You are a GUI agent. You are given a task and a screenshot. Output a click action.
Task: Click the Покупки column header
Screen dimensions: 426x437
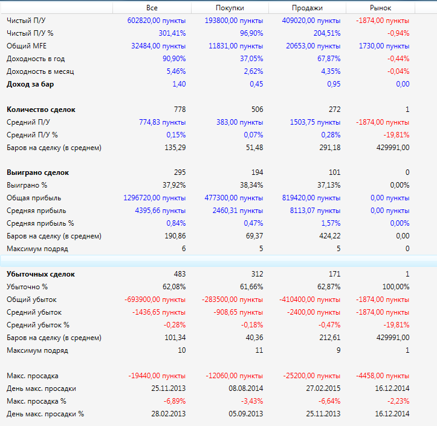230,8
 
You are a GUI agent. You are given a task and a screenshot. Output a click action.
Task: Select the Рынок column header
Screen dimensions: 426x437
380,8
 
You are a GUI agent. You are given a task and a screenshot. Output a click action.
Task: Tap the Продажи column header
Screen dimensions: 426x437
307,8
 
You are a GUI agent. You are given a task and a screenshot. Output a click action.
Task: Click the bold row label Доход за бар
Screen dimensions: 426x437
30,84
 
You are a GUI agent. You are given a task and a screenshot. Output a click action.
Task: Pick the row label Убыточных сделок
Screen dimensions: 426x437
45,274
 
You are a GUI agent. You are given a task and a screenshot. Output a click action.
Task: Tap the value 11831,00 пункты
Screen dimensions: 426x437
236,46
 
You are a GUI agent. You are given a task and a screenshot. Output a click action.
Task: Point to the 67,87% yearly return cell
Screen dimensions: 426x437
327,59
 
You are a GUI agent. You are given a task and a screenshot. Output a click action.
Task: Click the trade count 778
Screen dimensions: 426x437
180,110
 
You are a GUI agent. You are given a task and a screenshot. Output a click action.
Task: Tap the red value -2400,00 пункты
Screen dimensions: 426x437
313,312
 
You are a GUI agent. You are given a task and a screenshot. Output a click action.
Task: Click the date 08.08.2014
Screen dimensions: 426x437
246,388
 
